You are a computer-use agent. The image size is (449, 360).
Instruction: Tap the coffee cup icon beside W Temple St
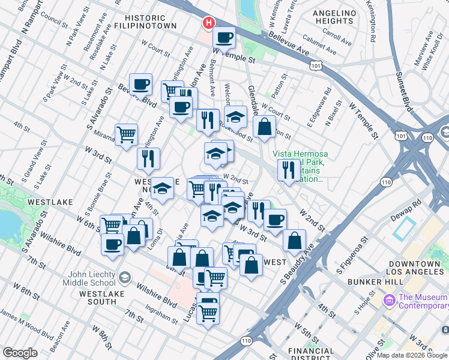(x=224, y=38)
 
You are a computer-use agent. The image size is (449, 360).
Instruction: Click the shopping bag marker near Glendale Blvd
(x=264, y=127)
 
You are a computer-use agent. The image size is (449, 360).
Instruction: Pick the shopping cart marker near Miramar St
(x=126, y=134)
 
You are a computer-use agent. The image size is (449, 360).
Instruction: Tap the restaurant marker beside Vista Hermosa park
(x=289, y=169)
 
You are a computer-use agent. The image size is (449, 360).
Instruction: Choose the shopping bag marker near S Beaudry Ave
(x=294, y=241)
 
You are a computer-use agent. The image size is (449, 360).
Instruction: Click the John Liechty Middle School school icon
(x=124, y=278)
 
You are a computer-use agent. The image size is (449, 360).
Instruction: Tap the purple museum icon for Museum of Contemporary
(x=389, y=298)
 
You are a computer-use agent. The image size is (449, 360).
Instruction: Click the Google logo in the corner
(x=20, y=353)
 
